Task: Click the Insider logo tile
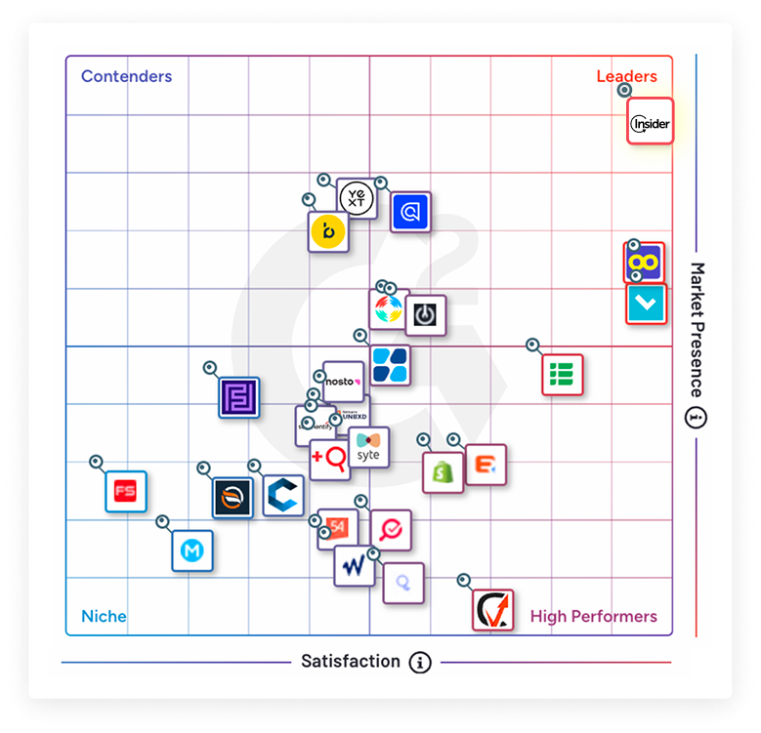pyautogui.click(x=650, y=122)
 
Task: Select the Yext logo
pyautogui.click(x=357, y=198)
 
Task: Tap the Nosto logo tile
pyautogui.click(x=342, y=381)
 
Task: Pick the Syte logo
pyautogui.click(x=368, y=447)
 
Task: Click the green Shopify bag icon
pyautogui.click(x=443, y=472)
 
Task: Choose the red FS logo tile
pyautogui.click(x=125, y=491)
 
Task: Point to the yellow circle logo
pyautogui.click(x=327, y=232)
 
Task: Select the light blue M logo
pyautogui.click(x=192, y=551)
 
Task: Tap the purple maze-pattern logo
pyautogui.click(x=238, y=397)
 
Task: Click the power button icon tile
pyautogui.click(x=425, y=315)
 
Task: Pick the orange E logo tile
pyautogui.click(x=485, y=466)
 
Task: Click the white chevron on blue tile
pyautogui.click(x=645, y=305)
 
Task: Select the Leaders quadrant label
pyautogui.click(x=626, y=76)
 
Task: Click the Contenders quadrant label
pyautogui.click(x=126, y=76)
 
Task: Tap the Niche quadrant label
pyautogui.click(x=104, y=616)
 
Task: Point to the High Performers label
pyautogui.click(x=593, y=616)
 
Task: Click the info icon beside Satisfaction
pyautogui.click(x=420, y=663)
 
